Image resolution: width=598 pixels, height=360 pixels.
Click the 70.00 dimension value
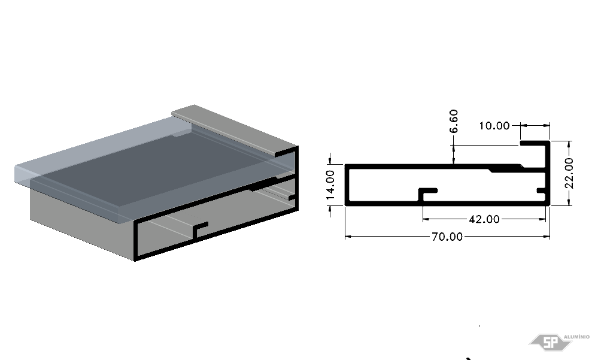click(447, 237)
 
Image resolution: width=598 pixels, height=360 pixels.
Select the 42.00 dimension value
click(484, 219)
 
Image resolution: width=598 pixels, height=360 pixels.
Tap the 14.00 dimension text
click(330, 184)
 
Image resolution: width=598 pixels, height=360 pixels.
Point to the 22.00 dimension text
click(569, 173)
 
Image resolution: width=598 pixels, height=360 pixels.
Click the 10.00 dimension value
click(494, 126)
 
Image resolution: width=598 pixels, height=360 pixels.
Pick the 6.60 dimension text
click(454, 121)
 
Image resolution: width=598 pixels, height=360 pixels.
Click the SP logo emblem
click(550, 342)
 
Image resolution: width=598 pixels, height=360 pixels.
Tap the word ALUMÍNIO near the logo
click(576, 337)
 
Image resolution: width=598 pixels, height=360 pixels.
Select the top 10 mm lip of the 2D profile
click(535, 143)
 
